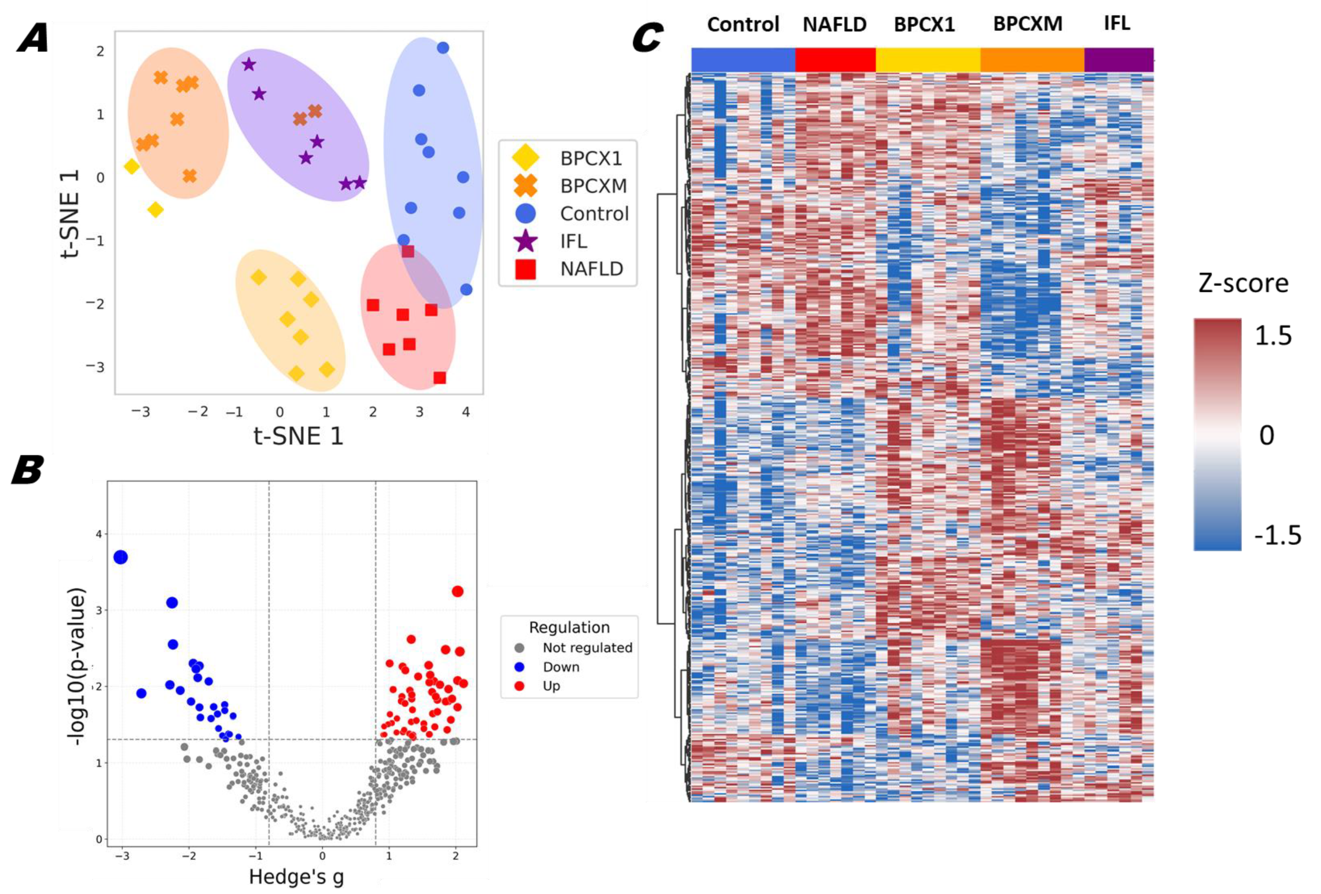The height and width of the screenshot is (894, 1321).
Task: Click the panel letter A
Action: [33, 41]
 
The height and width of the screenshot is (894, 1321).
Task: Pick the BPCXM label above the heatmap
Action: [1027, 24]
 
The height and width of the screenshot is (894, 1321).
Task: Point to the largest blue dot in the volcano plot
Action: [121, 558]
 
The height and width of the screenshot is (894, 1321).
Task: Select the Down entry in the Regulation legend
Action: [560, 667]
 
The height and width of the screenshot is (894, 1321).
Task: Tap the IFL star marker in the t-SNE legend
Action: [525, 241]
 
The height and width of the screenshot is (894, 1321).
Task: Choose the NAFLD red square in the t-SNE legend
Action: [525, 269]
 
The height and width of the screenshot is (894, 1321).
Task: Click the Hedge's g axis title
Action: [296, 877]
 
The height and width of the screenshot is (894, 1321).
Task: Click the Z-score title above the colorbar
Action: [1243, 283]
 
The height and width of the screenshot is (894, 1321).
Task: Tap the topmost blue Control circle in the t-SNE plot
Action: [443, 48]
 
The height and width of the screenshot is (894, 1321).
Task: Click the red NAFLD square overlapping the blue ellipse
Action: [407, 251]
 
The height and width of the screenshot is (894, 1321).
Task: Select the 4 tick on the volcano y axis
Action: [99, 534]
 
